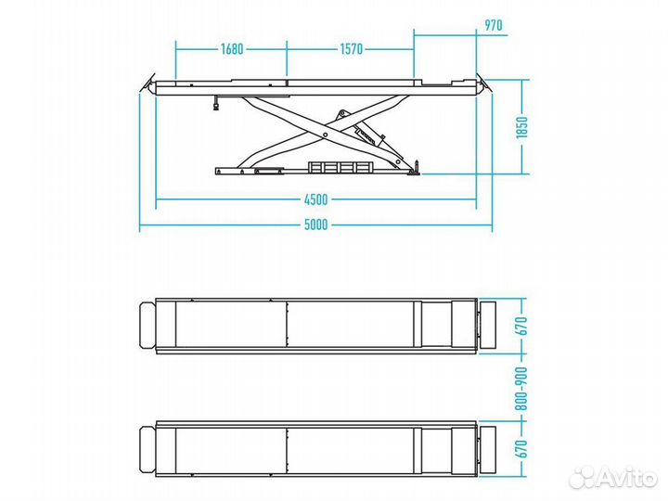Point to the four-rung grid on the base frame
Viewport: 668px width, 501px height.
[340, 168]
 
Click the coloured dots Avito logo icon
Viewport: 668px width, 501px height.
[583, 477]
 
